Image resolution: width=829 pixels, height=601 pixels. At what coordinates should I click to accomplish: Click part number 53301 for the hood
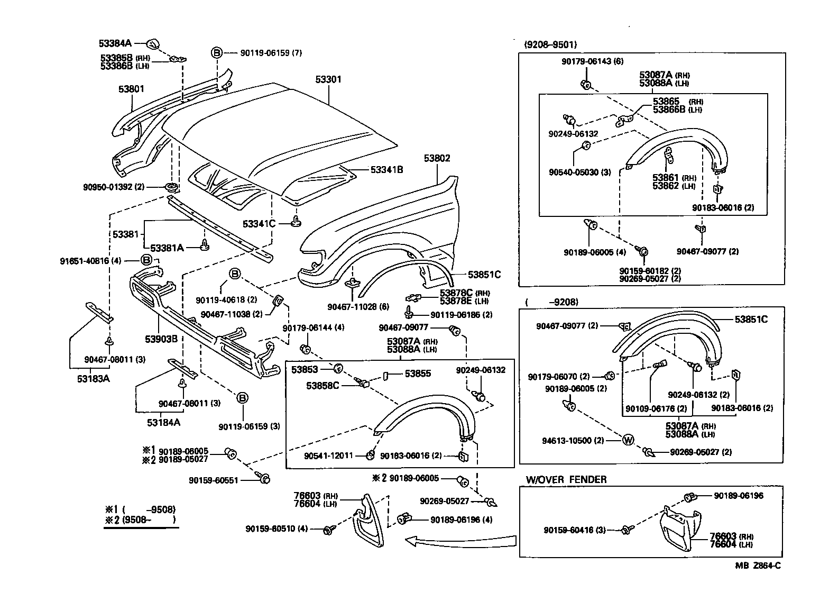point(328,80)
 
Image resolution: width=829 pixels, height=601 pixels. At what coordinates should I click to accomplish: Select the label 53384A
point(115,42)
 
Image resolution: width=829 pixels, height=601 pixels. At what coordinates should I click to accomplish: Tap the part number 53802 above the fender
point(437,158)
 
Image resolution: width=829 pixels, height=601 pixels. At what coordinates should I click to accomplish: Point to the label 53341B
point(386,170)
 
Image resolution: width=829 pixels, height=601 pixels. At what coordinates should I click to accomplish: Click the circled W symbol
point(628,440)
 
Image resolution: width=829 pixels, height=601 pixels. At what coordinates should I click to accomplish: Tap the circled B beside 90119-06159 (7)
point(217,52)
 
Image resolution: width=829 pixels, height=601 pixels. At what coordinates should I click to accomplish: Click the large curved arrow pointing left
point(460,540)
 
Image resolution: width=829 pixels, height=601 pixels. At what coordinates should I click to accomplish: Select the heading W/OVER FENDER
point(566,479)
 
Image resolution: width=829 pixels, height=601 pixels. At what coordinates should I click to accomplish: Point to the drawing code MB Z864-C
point(757,566)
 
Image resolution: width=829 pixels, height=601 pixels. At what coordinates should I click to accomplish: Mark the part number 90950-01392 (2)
point(114,187)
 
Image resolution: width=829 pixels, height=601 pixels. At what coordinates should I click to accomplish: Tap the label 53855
point(418,374)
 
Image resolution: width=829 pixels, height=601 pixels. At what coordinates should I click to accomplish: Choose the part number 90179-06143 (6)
point(592,61)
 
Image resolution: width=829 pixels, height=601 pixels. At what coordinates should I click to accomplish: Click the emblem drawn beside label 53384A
point(152,43)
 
